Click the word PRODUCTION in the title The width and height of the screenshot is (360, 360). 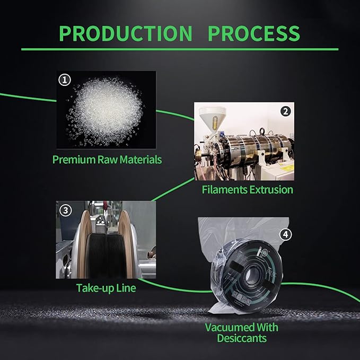[126, 33]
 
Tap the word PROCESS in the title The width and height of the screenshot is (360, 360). [254, 33]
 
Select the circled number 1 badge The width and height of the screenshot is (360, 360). [65, 80]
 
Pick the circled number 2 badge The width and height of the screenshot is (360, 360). [286, 111]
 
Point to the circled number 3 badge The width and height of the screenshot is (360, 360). [66, 210]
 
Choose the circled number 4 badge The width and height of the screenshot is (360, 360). [286, 234]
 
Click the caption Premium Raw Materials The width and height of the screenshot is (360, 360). [107, 160]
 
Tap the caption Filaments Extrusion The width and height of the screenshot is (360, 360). [247, 190]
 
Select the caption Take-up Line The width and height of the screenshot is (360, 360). [106, 288]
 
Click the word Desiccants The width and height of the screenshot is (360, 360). [242, 338]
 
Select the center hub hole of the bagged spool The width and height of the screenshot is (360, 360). [252, 275]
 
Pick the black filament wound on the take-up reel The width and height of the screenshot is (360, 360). [106, 256]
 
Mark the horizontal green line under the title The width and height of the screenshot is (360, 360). [180, 49]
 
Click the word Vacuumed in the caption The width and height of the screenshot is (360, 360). [230, 327]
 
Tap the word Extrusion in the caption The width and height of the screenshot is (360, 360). [271, 190]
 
